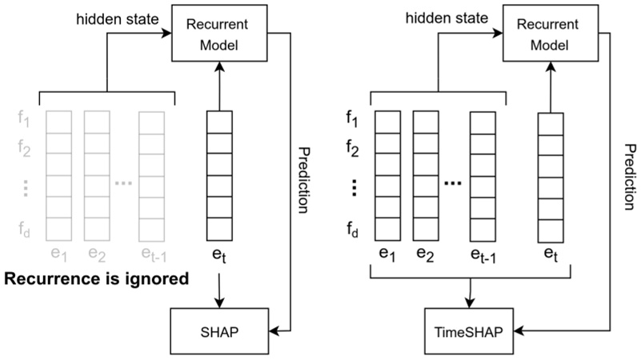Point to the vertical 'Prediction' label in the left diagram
[302, 179]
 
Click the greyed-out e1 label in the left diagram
[57, 254]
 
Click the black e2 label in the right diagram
[424, 254]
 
